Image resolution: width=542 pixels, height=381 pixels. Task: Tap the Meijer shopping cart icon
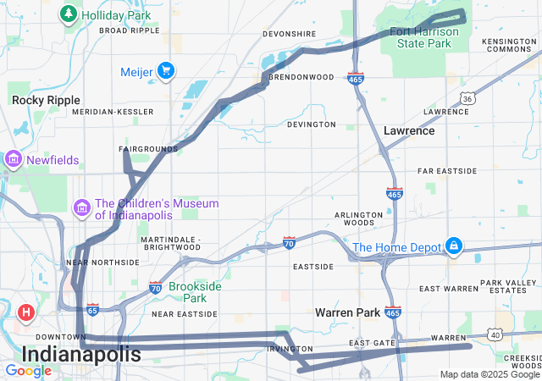(166, 71)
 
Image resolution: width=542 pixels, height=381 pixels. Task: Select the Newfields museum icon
(13, 159)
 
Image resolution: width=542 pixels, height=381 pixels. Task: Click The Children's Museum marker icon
(82, 207)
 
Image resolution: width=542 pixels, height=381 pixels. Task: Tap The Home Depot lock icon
(454, 246)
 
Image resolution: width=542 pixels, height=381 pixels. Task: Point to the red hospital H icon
(26, 312)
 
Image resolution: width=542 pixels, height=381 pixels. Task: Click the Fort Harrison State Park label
(423, 37)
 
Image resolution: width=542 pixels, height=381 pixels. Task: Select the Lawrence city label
(409, 131)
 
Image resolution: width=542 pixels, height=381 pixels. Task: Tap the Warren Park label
(347, 312)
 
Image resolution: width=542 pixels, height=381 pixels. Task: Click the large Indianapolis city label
(81, 354)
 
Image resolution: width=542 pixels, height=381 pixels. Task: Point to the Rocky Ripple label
(46, 100)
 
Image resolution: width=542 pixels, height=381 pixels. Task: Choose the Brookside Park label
(195, 292)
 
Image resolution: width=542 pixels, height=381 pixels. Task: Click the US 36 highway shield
(467, 98)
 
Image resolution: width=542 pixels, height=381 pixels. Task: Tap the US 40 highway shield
(495, 334)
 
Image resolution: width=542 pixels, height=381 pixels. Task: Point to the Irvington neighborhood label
(284, 349)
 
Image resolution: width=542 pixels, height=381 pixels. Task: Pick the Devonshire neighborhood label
(290, 34)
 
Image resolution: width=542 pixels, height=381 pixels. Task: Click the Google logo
(28, 371)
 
